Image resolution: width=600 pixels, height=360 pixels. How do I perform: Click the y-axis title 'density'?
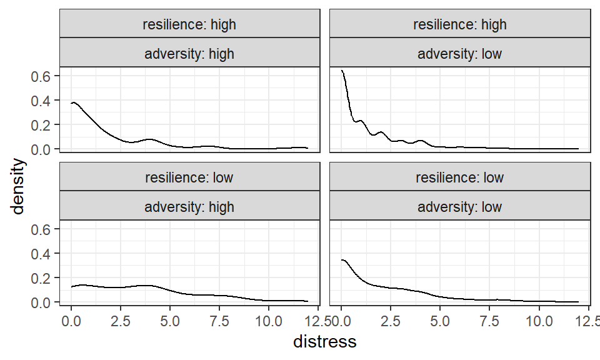[x=19, y=186]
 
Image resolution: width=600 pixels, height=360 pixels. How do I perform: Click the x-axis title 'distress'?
[x=324, y=342]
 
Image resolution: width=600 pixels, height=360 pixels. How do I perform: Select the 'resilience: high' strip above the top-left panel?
[x=189, y=25]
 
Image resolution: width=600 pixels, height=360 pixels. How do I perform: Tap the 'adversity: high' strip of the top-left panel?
[x=189, y=53]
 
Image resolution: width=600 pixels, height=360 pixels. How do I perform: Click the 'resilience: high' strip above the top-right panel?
[x=459, y=25]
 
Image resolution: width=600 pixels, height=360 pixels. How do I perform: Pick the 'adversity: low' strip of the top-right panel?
[x=459, y=53]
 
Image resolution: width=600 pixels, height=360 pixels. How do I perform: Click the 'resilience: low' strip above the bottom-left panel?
[x=189, y=177]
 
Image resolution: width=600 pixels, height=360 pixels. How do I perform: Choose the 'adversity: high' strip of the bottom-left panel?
[x=189, y=206]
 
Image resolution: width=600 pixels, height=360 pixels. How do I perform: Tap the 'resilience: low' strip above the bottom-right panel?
[x=459, y=177]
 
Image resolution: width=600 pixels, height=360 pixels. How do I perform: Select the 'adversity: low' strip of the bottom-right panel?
[x=459, y=206]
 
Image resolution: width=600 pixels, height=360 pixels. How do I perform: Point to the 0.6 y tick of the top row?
[x=41, y=76]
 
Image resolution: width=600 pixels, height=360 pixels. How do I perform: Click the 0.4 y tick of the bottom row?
[x=41, y=254]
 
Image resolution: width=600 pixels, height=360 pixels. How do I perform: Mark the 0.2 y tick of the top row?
[x=41, y=125]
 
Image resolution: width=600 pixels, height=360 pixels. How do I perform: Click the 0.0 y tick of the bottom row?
[x=41, y=302]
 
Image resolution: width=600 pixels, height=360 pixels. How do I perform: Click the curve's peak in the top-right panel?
[x=342, y=71]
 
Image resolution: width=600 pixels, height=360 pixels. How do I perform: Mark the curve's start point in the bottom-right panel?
[x=341, y=260]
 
